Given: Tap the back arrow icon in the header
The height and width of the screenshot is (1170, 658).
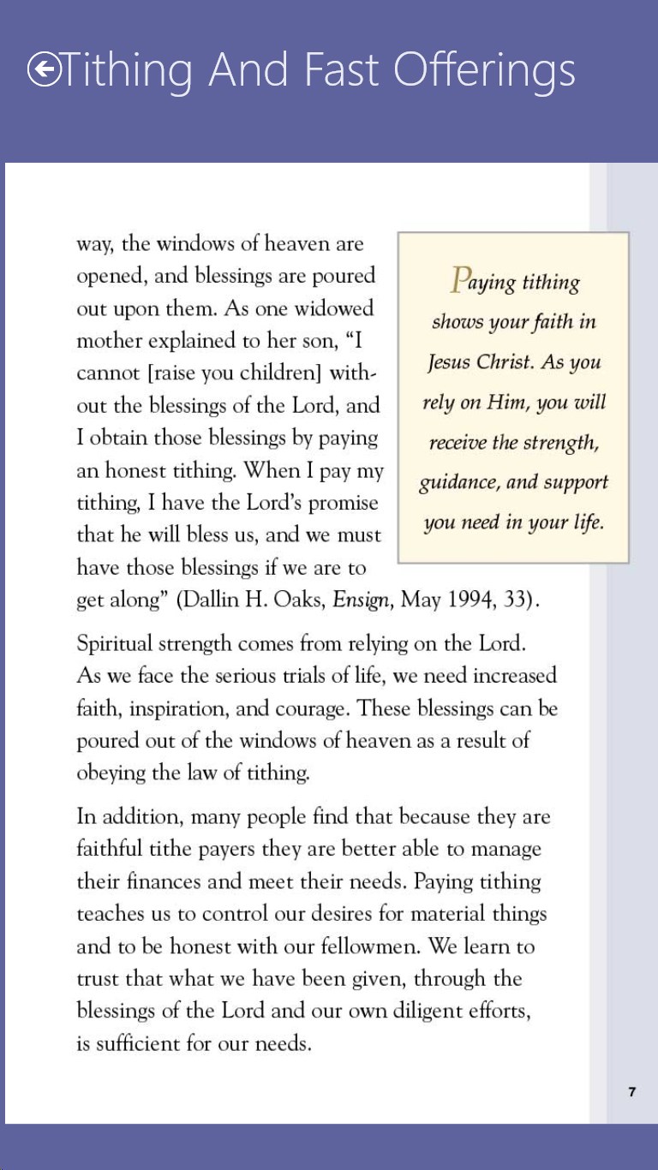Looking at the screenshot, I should coord(44,70).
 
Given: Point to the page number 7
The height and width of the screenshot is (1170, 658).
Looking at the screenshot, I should coord(632,1091).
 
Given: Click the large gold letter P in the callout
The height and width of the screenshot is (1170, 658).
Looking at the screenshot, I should coord(460,279).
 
